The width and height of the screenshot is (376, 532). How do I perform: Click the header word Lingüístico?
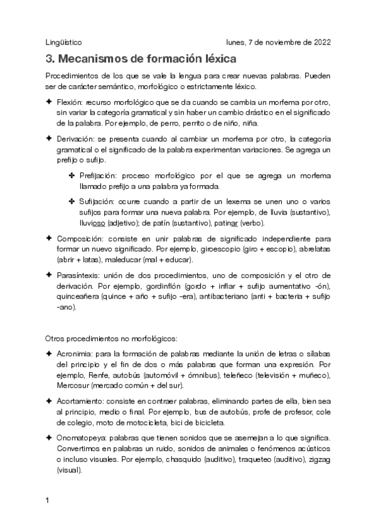64,43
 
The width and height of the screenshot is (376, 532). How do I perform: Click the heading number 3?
50,60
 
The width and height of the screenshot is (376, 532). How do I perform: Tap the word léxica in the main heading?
215,60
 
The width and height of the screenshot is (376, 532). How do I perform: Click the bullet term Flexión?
70,102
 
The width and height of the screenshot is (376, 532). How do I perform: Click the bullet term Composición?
78,238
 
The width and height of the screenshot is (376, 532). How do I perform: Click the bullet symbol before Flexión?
48,102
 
